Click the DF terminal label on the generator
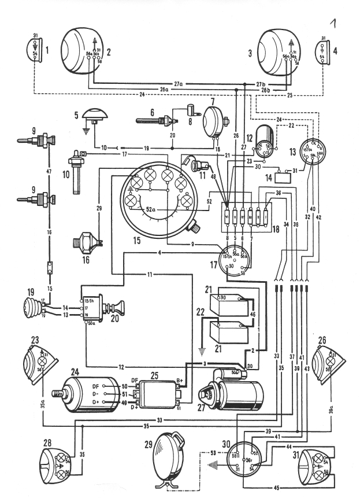[103, 385]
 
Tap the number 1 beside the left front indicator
[49, 51]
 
